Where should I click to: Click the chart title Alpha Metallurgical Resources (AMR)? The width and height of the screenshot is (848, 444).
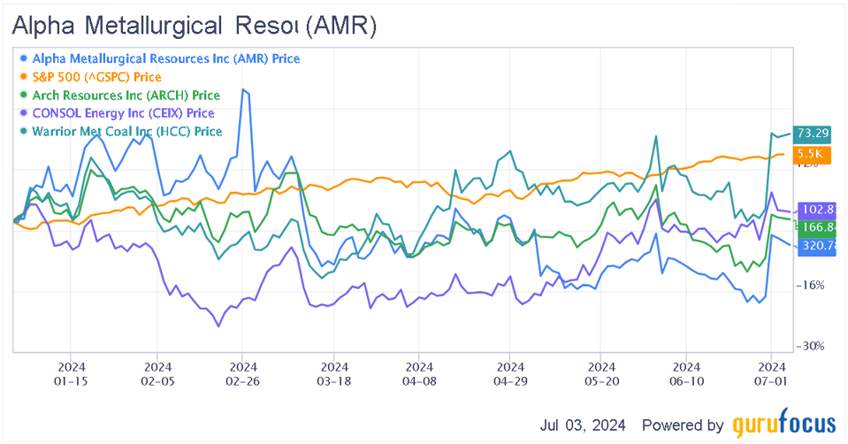[x=194, y=27]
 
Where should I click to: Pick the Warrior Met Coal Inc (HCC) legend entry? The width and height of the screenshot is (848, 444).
[x=126, y=131]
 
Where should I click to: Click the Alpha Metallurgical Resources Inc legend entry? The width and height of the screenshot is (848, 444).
[x=165, y=58]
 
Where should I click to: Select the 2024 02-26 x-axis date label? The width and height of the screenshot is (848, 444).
[x=243, y=372]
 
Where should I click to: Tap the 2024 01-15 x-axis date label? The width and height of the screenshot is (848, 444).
[x=72, y=372]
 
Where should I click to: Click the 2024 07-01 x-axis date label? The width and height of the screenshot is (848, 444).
[x=772, y=372]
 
